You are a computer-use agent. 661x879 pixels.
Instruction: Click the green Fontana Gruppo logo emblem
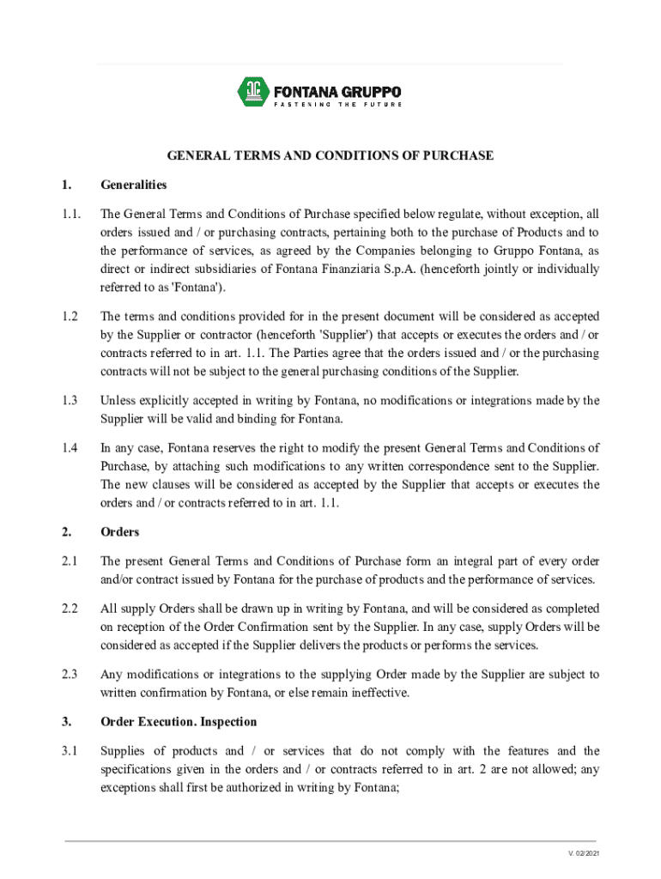252,89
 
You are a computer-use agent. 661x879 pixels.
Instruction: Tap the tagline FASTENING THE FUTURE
337,105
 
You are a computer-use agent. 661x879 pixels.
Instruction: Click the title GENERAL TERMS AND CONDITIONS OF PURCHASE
330,155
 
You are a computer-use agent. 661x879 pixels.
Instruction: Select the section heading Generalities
133,185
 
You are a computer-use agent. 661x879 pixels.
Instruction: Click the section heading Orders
119,532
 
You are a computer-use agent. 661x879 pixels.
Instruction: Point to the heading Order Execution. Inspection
179,722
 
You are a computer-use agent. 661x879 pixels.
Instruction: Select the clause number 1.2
70,316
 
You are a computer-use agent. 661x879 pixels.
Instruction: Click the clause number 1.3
70,400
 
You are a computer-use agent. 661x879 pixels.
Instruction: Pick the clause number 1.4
70,447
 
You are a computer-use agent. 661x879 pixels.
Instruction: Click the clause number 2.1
70,561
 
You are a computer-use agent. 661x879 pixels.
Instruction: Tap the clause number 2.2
70,609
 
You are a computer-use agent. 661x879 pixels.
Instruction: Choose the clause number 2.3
70,675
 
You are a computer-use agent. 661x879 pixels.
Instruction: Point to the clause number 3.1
70,751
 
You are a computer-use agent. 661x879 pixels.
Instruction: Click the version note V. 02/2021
584,853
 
